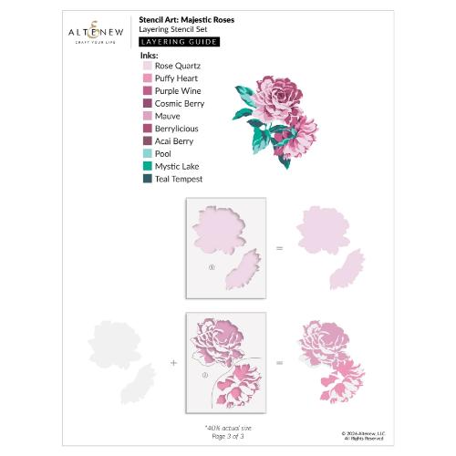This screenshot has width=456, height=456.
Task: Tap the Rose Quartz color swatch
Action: point(147,67)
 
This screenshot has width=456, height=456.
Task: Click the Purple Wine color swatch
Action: point(147,91)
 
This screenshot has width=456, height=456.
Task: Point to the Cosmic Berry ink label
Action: point(181,104)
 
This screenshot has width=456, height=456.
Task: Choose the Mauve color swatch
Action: point(147,117)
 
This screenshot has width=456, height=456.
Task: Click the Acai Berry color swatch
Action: point(147,141)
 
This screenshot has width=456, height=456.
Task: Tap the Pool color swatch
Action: point(147,154)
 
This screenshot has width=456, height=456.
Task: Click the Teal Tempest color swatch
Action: point(147,180)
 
